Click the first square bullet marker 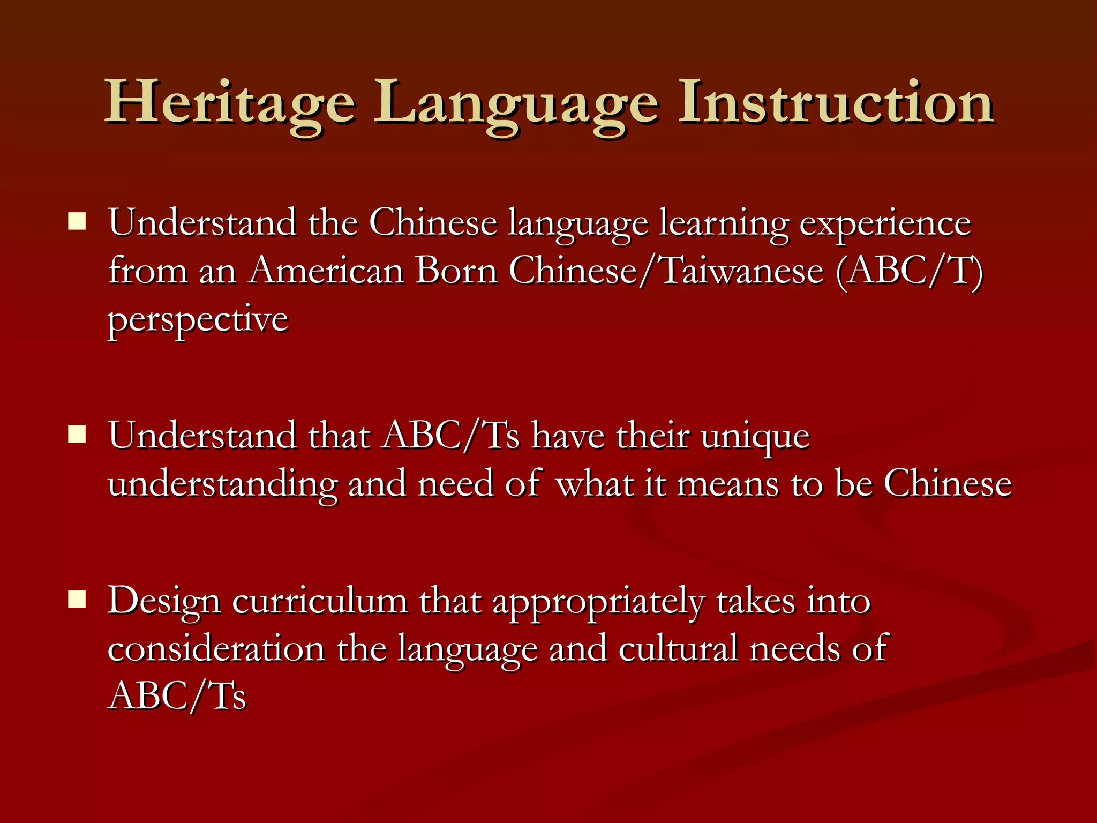[77, 221]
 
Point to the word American [326, 271]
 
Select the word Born [456, 271]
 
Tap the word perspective [198, 320]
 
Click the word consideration [216, 649]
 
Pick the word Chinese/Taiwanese [666, 271]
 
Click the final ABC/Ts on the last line [177, 696]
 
